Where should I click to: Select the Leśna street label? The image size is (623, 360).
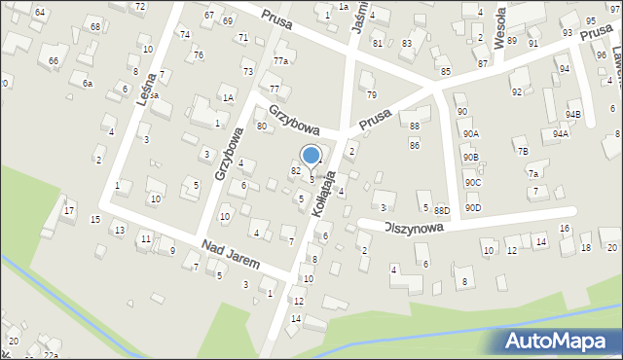157,87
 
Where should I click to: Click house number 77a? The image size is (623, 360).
280,61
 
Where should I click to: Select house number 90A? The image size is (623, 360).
471,134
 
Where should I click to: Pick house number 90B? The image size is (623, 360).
471,157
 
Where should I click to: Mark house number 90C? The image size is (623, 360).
472,182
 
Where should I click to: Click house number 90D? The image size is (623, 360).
472,207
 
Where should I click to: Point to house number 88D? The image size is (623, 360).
442,210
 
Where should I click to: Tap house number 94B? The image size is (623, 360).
573,116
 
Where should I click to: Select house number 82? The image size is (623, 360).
295,170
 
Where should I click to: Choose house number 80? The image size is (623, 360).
261,126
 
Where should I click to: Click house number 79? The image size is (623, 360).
371,94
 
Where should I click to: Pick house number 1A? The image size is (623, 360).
228,97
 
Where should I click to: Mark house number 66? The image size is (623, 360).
54,61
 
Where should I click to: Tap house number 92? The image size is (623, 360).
517,91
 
